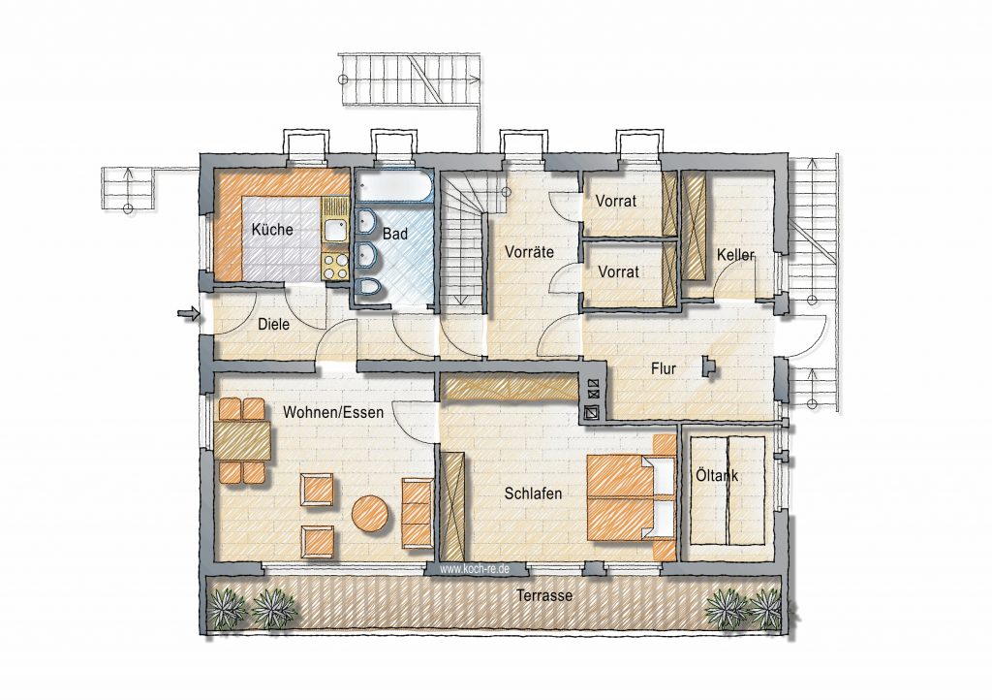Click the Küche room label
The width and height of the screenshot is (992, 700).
tap(272, 229)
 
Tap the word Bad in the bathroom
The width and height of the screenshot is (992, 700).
tap(395, 234)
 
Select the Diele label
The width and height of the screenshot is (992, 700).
tap(274, 324)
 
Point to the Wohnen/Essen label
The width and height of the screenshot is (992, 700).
tap(333, 413)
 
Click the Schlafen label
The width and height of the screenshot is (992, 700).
tap(533, 493)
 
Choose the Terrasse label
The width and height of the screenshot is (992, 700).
tap(544, 595)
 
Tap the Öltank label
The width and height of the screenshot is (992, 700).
tap(717, 475)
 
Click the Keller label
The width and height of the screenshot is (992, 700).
tap(736, 255)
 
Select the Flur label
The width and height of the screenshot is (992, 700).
tap(664, 368)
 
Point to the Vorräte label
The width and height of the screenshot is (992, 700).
tap(530, 252)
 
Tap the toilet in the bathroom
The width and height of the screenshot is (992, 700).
tap(367, 288)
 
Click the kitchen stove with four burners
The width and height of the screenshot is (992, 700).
tap(335, 266)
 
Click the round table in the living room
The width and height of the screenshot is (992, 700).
tap(370, 513)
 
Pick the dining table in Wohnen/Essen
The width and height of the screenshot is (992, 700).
tap(243, 441)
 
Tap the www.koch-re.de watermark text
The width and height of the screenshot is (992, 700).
tap(475, 570)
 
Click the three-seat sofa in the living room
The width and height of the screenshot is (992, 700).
tap(418, 514)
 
